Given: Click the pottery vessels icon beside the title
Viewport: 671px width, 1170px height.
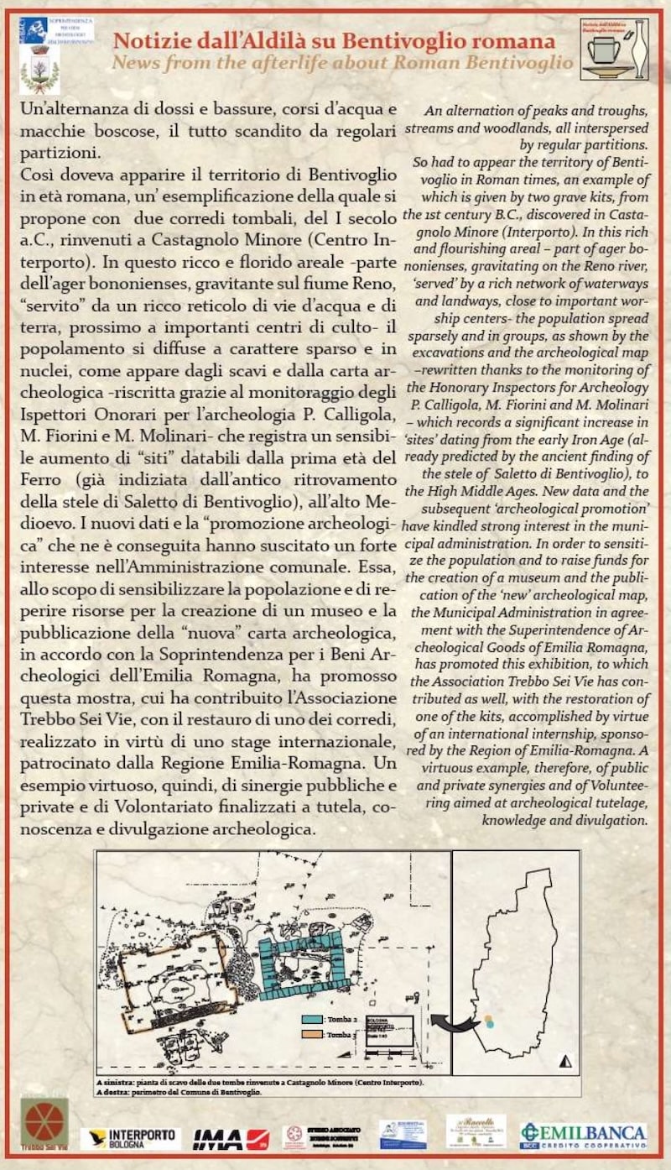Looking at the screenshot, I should [614, 50].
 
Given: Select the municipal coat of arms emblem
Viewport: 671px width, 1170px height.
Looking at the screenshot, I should [39, 68].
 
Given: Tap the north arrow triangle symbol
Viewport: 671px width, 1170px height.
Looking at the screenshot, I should [565, 1061].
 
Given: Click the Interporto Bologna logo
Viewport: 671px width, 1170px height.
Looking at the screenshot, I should [131, 1138].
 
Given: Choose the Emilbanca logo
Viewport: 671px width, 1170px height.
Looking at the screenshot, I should [584, 1136].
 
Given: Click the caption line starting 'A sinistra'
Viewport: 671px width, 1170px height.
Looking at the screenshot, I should [260, 1083].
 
